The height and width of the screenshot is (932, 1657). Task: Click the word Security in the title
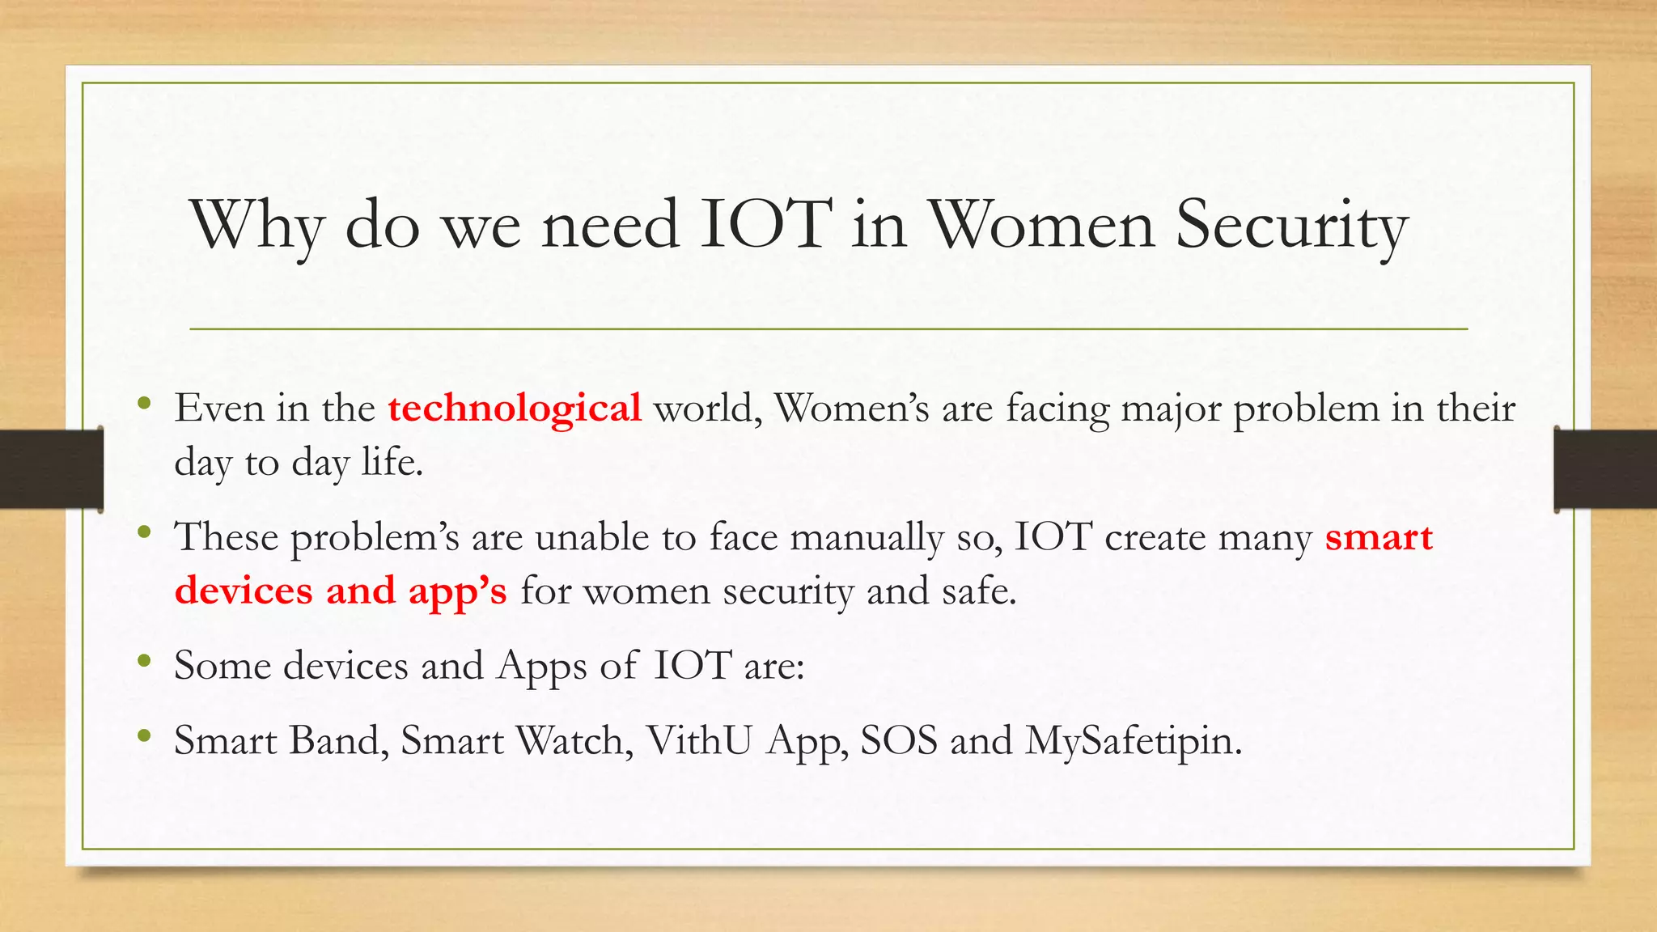pos(1291,225)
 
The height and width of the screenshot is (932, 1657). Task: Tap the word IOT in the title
pos(765,225)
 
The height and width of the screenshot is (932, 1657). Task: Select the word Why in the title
pos(257,227)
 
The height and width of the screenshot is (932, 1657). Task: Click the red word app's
pos(457,591)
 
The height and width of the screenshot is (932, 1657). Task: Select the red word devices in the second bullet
pos(244,591)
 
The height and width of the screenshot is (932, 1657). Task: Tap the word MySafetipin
pos(1133,741)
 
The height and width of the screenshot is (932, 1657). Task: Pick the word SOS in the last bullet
pos(898,740)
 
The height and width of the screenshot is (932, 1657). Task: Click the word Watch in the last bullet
pos(574,740)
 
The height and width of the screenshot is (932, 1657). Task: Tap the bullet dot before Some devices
pos(144,661)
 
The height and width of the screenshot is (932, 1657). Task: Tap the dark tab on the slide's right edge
pos(1605,469)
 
